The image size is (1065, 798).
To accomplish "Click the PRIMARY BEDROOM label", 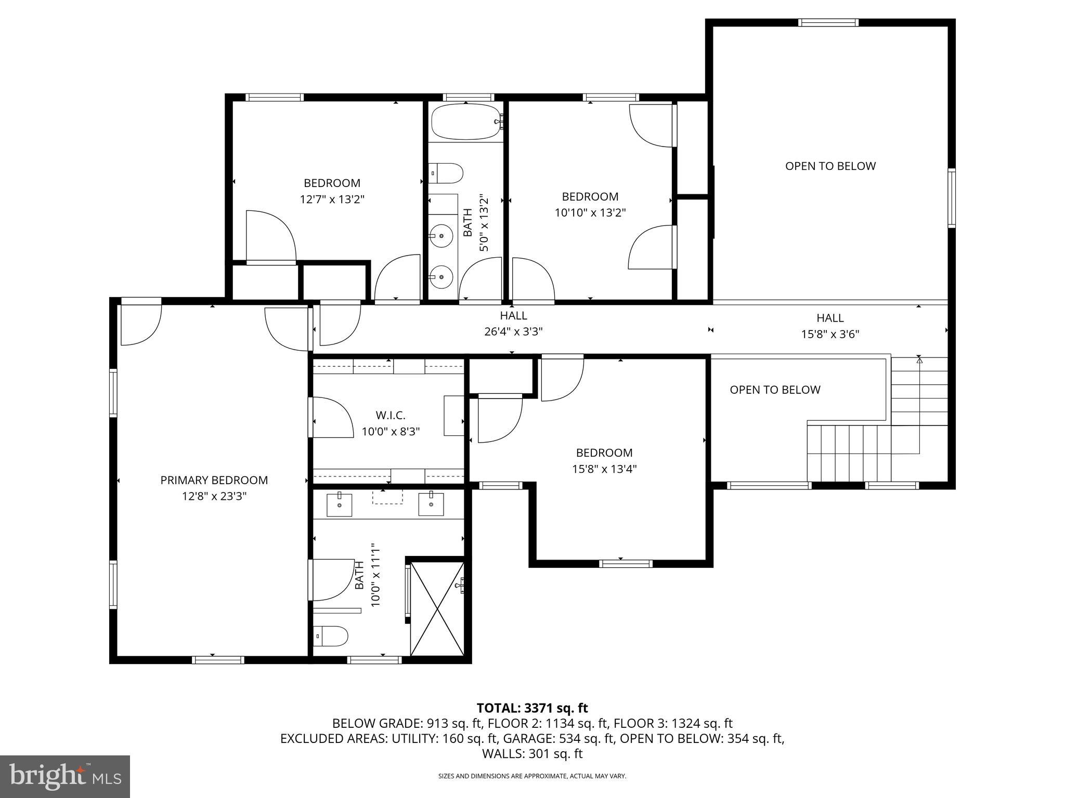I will pos(214,480).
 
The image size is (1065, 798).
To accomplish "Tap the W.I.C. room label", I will pos(390,415).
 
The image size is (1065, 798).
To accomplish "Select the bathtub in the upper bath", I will pos(465,122).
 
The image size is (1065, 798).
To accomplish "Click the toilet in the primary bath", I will pos(331,636).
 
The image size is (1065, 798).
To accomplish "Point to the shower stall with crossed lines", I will pos(437,608).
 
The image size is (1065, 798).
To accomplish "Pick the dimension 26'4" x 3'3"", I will pos(513,331).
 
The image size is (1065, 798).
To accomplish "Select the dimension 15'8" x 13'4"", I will pos(604,469).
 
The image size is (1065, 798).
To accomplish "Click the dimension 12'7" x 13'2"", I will pos(332,199).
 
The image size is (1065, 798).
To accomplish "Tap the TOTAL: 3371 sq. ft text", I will pos(532,708).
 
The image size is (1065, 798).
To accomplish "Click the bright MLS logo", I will pos(64,776).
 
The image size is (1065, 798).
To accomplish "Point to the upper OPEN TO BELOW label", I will pos(830,166).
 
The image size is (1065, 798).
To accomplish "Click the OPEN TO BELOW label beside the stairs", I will pos(775,390).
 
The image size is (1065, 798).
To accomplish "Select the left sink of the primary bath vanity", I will pos(339,505).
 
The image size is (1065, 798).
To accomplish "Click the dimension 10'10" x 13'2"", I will pos(590,212).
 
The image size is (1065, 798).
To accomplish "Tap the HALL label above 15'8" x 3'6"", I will pos(829,317).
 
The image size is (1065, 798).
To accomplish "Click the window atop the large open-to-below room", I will pos(828,22).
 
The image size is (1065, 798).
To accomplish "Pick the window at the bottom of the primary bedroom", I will pos(218,660).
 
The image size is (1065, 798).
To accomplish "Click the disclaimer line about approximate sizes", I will pos(532,776).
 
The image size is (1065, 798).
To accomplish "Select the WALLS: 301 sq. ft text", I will pos(532,754).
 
